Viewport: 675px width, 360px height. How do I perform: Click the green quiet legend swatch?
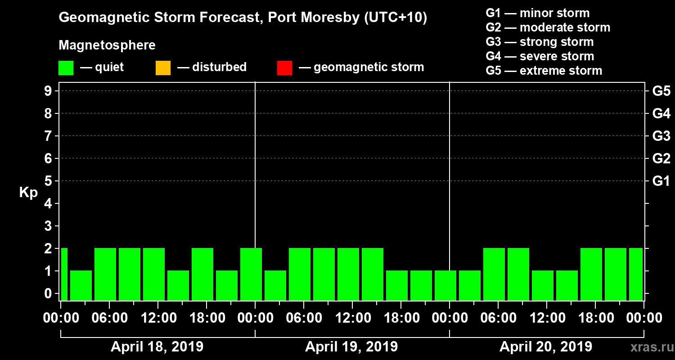pyautogui.click(x=66, y=68)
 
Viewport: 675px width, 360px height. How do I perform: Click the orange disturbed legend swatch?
pyautogui.click(x=163, y=68)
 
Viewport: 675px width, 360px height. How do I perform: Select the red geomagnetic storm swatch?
pyautogui.click(x=284, y=68)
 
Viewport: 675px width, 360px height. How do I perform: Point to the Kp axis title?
pyautogui.click(x=28, y=193)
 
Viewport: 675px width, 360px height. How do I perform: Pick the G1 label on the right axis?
pyautogui.click(x=661, y=181)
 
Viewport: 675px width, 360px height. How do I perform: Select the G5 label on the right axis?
pyautogui.click(x=661, y=91)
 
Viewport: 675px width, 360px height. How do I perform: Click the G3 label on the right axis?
pyautogui.click(x=661, y=136)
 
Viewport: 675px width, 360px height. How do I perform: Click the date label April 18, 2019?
pyautogui.click(x=157, y=347)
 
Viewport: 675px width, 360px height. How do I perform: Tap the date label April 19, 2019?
pyautogui.click(x=351, y=347)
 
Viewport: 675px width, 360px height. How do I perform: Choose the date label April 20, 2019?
pyautogui.click(x=546, y=347)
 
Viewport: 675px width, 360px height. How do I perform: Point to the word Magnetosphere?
pyautogui.click(x=107, y=45)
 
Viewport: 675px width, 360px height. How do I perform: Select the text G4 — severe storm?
pyautogui.click(x=540, y=56)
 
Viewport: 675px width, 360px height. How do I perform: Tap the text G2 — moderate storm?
pyautogui.click(x=548, y=27)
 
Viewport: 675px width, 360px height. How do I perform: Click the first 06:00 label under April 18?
pyautogui.click(x=109, y=318)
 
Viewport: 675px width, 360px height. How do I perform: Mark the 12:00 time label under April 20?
pyautogui.click(x=547, y=318)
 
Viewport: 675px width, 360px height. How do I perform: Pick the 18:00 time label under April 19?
pyautogui.click(x=401, y=318)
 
